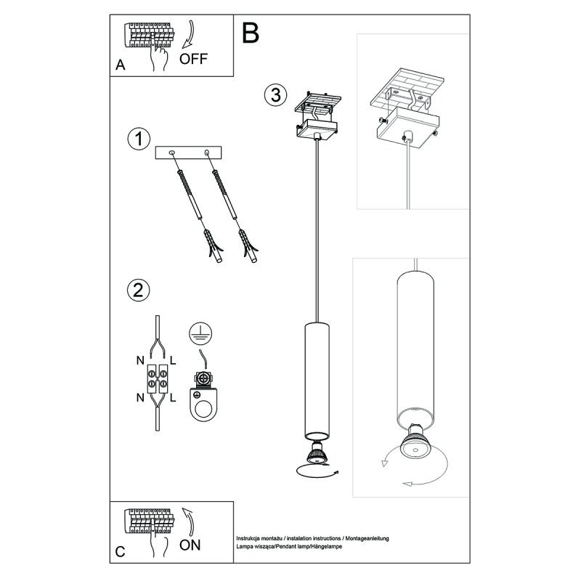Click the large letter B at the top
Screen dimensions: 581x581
(250, 32)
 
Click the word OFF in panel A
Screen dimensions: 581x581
(193, 59)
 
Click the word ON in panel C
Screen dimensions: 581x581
(192, 543)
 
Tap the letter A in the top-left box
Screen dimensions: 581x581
(121, 65)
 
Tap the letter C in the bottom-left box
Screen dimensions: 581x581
(121, 552)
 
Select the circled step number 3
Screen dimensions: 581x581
(274, 94)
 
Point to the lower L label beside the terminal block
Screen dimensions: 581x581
(174, 397)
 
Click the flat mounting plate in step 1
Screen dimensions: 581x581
(190, 154)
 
